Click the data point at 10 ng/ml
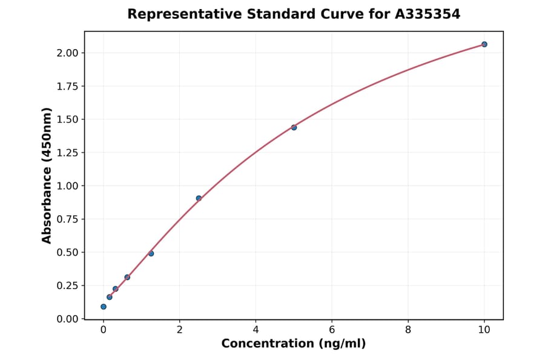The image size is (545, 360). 484,44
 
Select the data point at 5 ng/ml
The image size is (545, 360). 294,127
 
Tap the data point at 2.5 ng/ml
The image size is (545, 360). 199,198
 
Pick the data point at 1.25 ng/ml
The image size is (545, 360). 151,253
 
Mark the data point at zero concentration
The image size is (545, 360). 104,307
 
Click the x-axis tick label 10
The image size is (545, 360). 484,330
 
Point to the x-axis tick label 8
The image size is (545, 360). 408,330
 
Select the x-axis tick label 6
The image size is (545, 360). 332,330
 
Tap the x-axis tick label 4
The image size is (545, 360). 256,330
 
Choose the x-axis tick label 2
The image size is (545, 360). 179,330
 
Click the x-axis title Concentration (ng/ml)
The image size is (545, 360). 294,344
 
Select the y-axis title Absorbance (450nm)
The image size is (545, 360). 47,175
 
